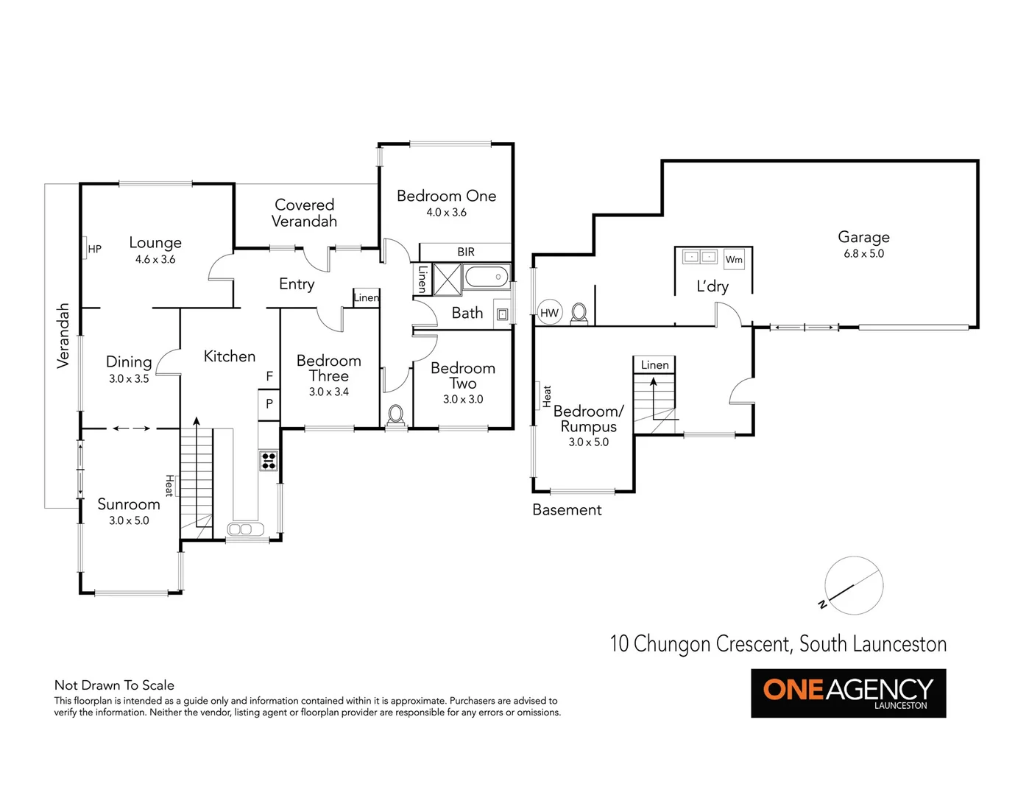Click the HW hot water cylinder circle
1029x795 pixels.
point(550,313)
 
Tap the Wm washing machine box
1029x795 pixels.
point(734,259)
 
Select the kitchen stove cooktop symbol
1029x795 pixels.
point(269,461)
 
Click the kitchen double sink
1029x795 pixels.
point(246,529)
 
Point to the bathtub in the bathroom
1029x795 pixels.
point(487,278)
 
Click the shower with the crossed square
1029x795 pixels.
point(447,279)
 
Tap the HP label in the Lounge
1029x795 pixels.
point(94,249)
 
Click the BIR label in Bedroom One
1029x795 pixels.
point(466,252)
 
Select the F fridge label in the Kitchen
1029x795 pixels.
point(269,376)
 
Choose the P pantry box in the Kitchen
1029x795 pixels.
point(269,403)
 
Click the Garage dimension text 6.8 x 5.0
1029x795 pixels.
point(863,253)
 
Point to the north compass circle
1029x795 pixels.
point(854,585)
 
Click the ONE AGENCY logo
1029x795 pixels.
point(848,693)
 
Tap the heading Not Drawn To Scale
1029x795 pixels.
point(114,685)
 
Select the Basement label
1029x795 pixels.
point(567,509)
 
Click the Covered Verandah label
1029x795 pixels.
point(304,213)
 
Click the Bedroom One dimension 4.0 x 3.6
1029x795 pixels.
point(446,212)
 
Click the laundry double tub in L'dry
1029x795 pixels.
point(699,257)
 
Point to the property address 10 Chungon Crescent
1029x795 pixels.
point(778,644)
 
